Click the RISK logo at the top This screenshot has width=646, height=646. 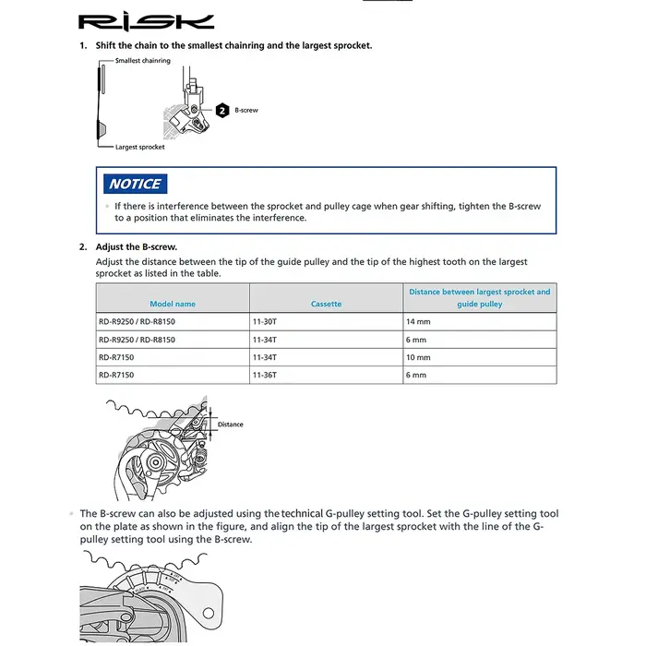[x=146, y=23]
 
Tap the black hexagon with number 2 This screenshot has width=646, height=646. [x=222, y=111]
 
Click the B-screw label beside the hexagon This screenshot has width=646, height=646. [x=246, y=111]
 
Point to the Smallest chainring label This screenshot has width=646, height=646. [x=142, y=61]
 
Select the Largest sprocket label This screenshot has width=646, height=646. [x=139, y=147]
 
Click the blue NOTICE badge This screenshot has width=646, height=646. [x=135, y=184]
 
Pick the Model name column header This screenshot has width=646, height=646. [x=173, y=304]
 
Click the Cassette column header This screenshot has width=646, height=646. [x=326, y=304]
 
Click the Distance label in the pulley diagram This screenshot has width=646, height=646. [x=231, y=425]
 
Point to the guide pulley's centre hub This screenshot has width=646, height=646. [x=155, y=462]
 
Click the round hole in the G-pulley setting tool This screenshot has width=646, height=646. [x=209, y=613]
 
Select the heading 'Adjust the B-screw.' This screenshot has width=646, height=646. [x=137, y=246]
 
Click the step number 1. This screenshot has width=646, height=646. [x=83, y=46]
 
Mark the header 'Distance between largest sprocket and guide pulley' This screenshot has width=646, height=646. [x=480, y=298]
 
